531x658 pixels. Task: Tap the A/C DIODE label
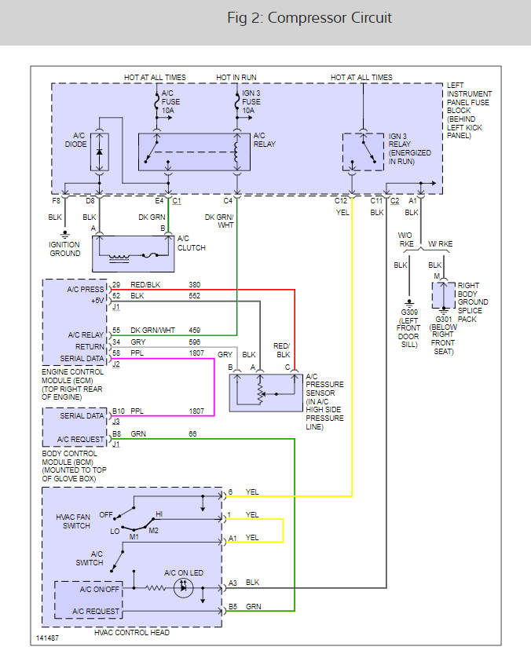[x=75, y=140]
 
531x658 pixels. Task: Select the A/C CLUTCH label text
[x=192, y=243]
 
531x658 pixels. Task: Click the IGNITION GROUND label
[x=65, y=250]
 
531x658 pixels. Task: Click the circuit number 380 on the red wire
[x=195, y=284]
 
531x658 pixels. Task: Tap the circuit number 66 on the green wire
[x=193, y=433]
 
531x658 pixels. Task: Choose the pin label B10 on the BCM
[x=118, y=411]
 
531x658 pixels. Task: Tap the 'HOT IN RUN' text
[x=236, y=78]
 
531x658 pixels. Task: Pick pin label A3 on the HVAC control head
[x=233, y=583]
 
